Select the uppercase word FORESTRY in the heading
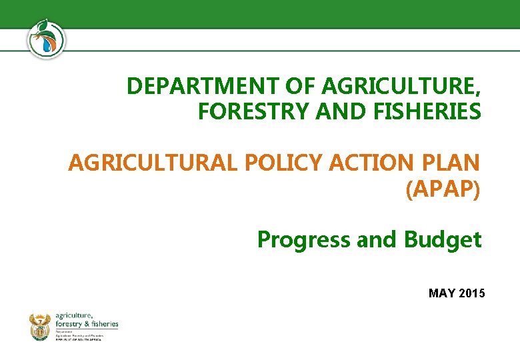[243, 112]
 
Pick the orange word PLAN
[450, 163]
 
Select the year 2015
[473, 293]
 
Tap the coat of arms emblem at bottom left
[40, 327]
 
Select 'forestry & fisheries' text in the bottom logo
[87, 323]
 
